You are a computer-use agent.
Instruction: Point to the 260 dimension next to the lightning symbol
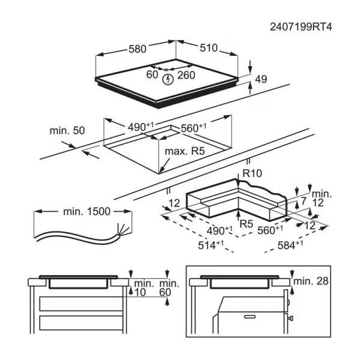[186, 76]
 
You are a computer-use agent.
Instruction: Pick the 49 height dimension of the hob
[260, 79]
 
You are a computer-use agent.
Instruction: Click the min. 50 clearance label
[67, 131]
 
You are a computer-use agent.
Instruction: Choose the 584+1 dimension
[291, 245]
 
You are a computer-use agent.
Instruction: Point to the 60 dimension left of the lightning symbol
[152, 76]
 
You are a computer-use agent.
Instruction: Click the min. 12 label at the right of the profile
[321, 199]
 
